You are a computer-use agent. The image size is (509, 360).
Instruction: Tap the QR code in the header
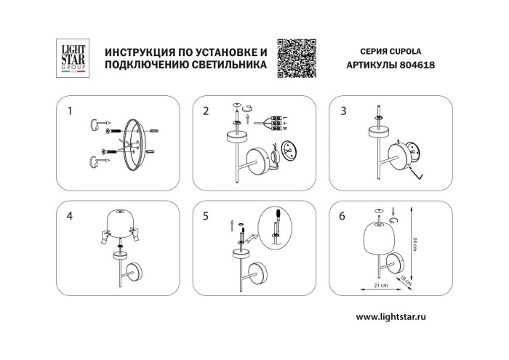tap(298, 56)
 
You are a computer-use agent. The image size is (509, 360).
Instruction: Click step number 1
tap(69, 111)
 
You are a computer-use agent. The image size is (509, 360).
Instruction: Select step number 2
tap(206, 111)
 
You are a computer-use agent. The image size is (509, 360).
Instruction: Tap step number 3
tap(342, 111)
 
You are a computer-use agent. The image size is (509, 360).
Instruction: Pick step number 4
tap(69, 216)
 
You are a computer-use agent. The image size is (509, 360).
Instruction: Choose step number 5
tap(206, 216)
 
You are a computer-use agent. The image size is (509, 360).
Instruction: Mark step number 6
tap(342, 216)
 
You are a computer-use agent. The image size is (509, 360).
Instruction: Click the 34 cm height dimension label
tap(415, 244)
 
